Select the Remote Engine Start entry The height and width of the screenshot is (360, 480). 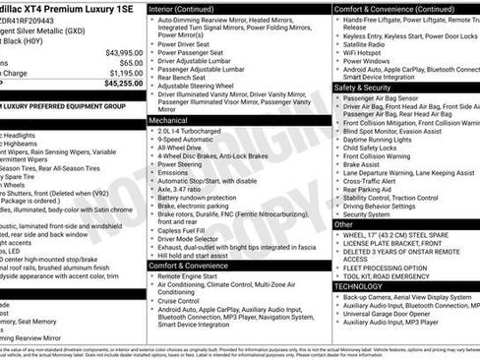(195, 277)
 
